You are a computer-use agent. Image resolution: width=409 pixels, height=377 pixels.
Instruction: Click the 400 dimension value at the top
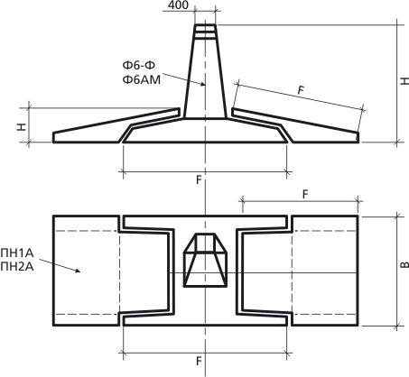click(x=178, y=5)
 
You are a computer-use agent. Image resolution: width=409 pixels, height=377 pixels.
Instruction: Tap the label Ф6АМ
click(x=142, y=80)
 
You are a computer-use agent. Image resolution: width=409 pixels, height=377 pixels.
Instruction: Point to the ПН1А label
click(x=17, y=253)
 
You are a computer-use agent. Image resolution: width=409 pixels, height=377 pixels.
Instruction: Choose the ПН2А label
click(x=17, y=267)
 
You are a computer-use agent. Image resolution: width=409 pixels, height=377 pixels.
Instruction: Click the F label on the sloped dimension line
click(x=301, y=90)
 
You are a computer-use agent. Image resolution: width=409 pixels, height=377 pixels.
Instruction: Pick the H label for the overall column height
click(x=404, y=80)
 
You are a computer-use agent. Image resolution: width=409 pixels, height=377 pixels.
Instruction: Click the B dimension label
click(x=404, y=264)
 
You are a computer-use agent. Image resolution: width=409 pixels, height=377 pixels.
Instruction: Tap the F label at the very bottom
click(x=199, y=361)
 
